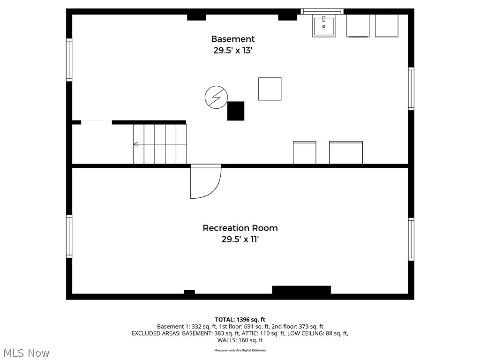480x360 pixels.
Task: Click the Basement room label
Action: (x=232, y=39)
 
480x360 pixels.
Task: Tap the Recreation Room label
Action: (x=240, y=228)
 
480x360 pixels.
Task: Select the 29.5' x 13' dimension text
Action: (x=232, y=51)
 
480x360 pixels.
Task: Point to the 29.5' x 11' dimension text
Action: (x=240, y=240)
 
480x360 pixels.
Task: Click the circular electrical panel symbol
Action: (x=216, y=97)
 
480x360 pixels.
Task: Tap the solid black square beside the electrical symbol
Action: (x=236, y=111)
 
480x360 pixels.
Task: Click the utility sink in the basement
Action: (x=324, y=26)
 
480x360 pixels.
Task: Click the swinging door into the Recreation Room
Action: (x=205, y=182)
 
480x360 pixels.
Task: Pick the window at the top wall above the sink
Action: (x=322, y=11)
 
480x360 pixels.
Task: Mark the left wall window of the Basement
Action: (x=69, y=60)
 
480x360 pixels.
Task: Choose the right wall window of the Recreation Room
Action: (x=411, y=239)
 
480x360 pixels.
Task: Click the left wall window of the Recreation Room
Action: (x=69, y=236)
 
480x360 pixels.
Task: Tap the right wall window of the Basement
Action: (x=411, y=89)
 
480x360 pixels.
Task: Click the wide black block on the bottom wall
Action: (x=301, y=290)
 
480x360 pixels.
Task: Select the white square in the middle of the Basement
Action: (x=270, y=89)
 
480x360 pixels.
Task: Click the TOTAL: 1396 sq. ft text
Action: (x=240, y=319)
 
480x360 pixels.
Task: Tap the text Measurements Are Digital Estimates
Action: (x=240, y=350)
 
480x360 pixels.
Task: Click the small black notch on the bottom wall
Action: (x=189, y=292)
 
